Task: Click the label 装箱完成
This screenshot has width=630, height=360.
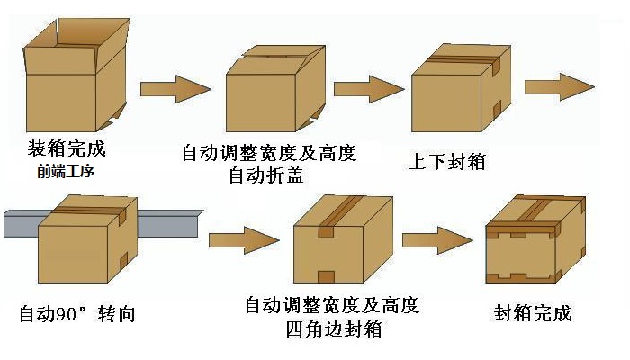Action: pos(67,148)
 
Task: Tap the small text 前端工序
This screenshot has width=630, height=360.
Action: pos(67,169)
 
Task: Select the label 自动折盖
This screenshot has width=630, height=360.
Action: pos(269,175)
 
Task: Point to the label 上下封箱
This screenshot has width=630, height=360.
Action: pos(447,162)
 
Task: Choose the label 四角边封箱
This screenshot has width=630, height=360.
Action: pos(331,328)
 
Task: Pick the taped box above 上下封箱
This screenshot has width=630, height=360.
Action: pos(455,94)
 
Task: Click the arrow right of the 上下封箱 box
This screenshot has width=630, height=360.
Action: pos(559,86)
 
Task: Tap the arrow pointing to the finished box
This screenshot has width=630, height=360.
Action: pos(437,240)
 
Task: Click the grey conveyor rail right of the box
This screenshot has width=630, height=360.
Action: pos(166,220)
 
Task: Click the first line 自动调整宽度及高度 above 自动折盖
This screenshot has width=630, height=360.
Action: pos(269,152)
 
